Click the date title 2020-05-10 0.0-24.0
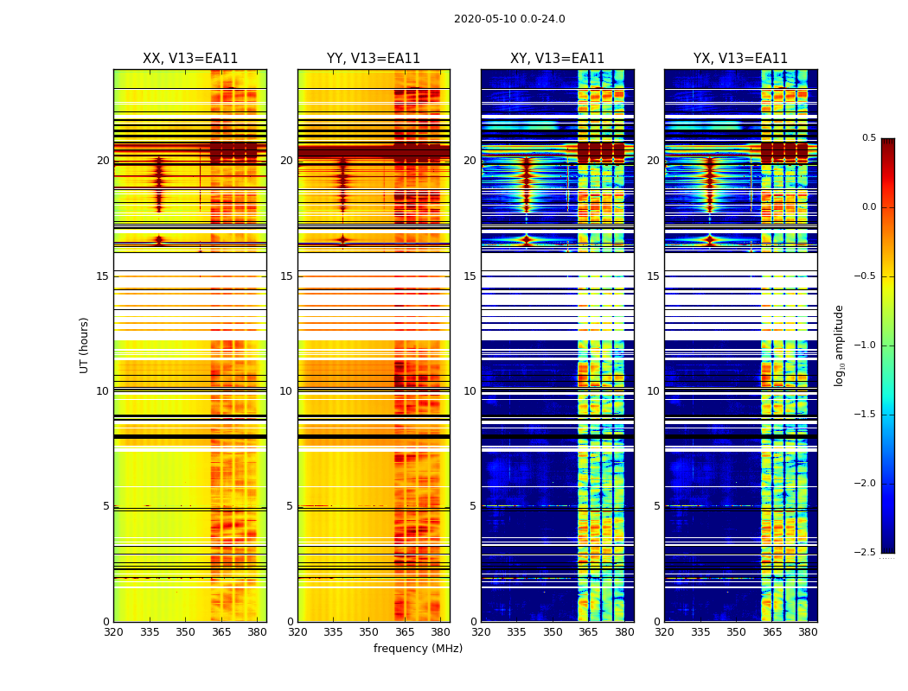509,19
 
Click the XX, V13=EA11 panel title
190,59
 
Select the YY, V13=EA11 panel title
374,59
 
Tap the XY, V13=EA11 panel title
557,59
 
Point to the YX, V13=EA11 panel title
740,59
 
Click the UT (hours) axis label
84,345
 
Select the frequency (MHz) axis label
418,649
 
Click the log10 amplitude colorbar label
839,345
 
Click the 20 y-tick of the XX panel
103,161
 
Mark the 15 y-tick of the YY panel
286,276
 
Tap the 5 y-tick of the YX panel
656,506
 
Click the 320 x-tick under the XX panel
113,631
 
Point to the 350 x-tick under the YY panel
369,631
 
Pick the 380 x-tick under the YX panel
808,631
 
